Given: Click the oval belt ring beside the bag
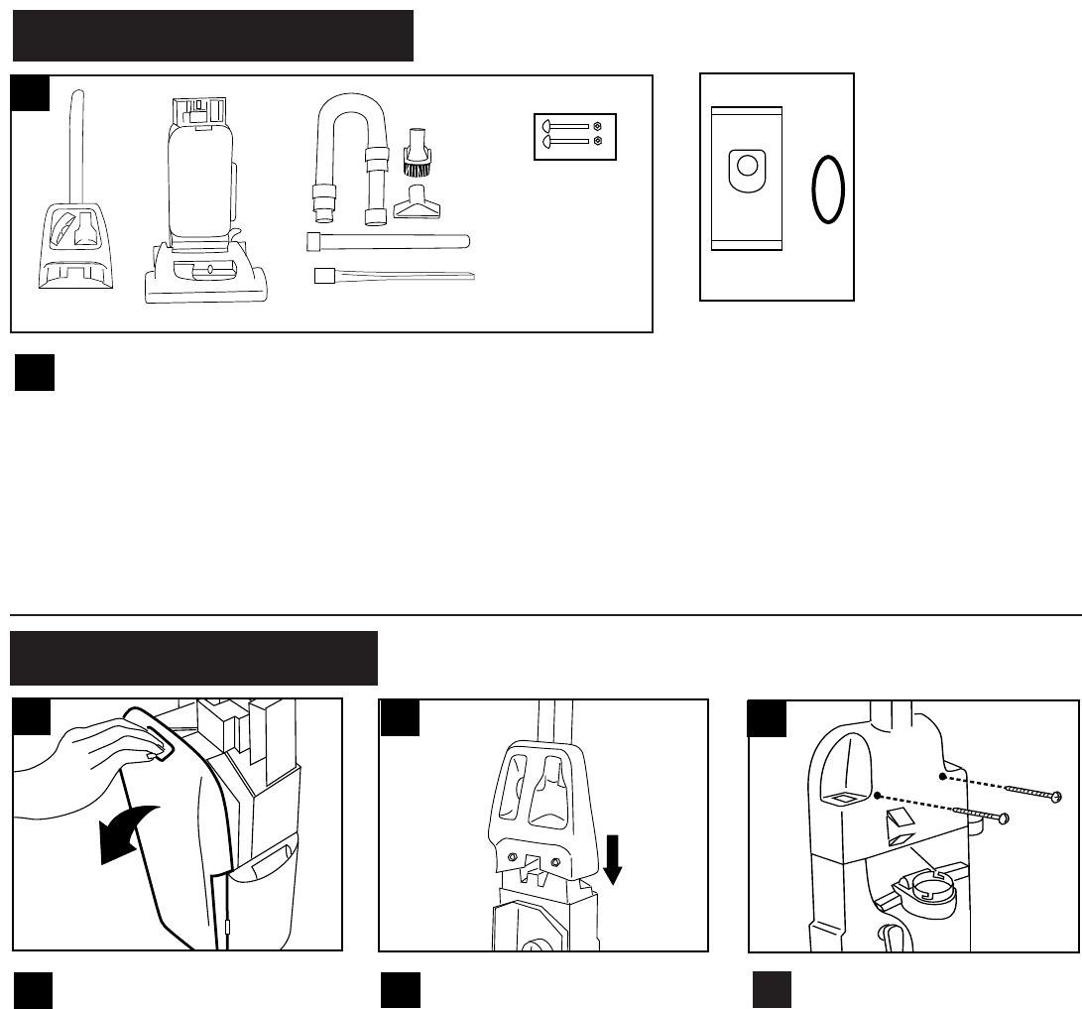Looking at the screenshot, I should point(828,191).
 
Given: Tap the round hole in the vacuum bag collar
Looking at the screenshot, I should point(748,165).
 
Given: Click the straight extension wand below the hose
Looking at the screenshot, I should point(388,240).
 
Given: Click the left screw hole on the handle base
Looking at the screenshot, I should point(513,828).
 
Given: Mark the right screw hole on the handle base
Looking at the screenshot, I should point(554,828).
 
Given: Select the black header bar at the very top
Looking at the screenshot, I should point(212,36).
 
